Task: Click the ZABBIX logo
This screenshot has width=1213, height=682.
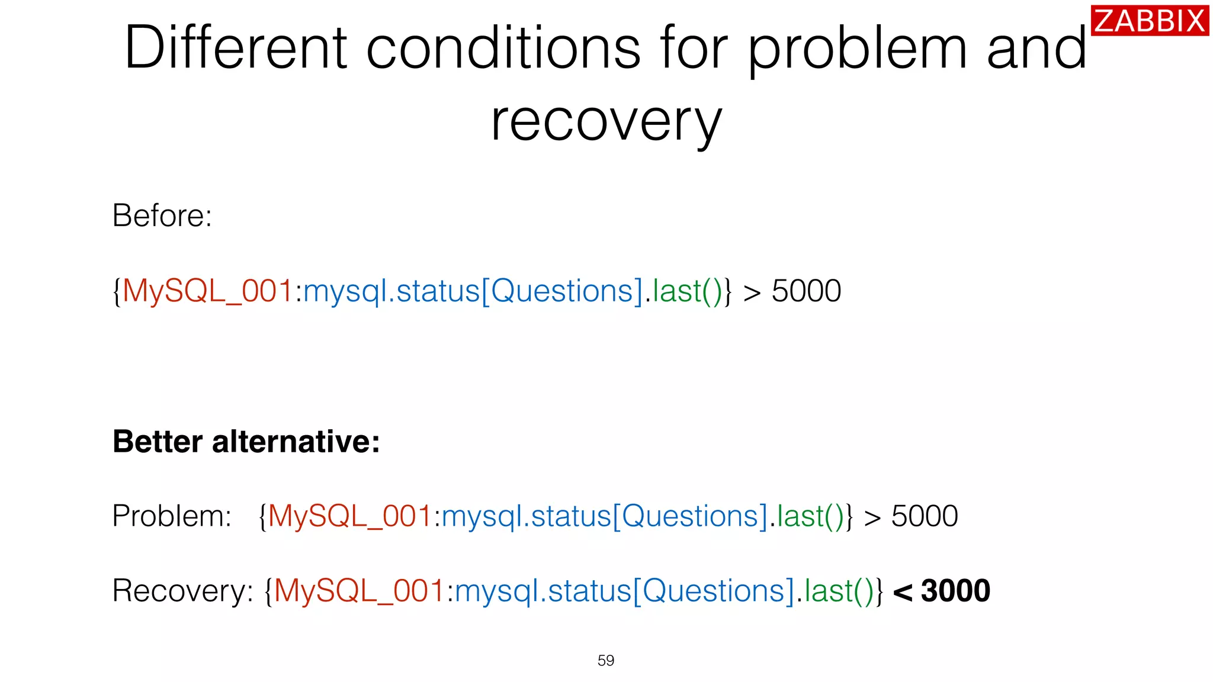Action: point(1149,21)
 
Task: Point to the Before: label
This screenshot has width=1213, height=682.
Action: point(162,215)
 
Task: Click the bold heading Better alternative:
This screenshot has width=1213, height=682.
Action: point(246,442)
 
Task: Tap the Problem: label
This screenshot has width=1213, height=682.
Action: point(171,516)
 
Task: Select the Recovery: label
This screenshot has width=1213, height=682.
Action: point(182,591)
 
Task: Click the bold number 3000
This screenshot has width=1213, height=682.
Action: point(955,591)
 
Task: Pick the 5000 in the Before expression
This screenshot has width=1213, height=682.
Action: point(806,291)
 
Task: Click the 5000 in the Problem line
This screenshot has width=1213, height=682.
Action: point(924,516)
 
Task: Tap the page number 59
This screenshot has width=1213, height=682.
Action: point(606,660)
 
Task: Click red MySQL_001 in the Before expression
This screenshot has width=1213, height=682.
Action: point(208,291)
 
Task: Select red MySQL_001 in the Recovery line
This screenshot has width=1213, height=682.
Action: point(359,591)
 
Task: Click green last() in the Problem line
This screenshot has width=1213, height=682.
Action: point(810,516)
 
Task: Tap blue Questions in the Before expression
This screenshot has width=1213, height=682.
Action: point(562,291)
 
